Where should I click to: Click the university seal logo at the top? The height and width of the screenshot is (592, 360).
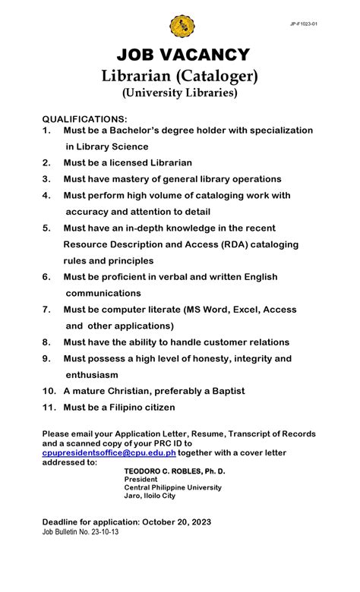click(182, 27)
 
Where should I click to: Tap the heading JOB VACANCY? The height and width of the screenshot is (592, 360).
click(183, 55)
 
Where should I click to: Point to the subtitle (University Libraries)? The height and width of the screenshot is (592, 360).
click(180, 93)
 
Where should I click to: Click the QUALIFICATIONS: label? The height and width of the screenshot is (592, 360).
click(84, 120)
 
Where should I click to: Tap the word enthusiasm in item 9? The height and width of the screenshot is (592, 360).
click(92, 375)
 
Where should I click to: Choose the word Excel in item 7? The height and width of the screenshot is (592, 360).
click(230, 310)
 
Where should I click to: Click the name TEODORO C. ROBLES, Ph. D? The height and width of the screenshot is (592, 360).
click(175, 471)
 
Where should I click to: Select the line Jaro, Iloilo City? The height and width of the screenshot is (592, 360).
click(150, 496)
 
